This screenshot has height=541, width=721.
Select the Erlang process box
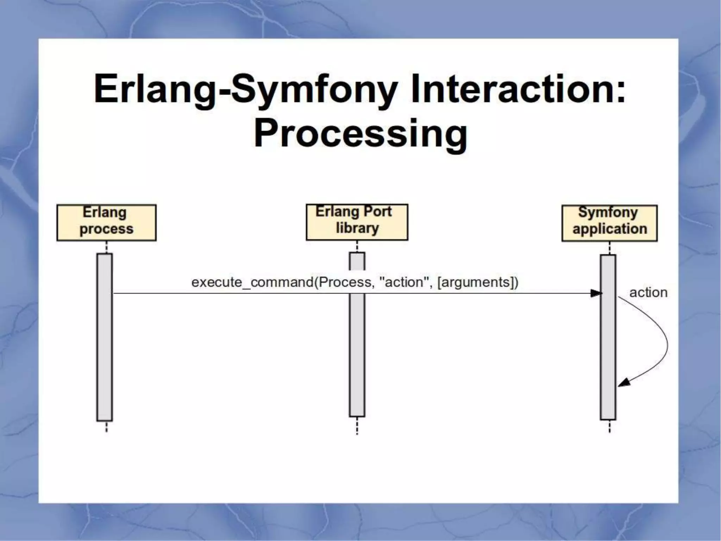(106, 223)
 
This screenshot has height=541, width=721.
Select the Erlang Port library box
(357, 222)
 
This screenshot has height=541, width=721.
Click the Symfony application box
(609, 223)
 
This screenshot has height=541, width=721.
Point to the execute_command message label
(355, 282)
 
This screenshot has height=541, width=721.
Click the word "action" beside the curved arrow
(648, 293)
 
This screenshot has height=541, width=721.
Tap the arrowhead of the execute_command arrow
(596, 293)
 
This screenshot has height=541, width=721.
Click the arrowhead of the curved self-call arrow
(623, 383)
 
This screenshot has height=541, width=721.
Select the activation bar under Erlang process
(105, 337)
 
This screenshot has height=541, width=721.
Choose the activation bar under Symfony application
(608, 337)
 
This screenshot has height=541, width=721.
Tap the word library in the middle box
(357, 228)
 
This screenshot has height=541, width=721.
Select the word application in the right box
(610, 229)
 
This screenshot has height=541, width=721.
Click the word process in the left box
(106, 229)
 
